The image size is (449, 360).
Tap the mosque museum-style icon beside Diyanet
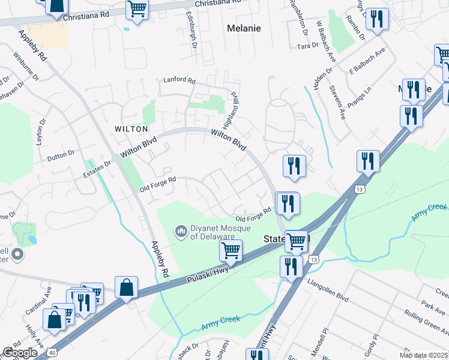pyautogui.click(x=181, y=230)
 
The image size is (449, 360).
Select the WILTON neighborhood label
pyautogui.click(x=131, y=129)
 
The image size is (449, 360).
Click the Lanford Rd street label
pyautogui.click(x=180, y=80)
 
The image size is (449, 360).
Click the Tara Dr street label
pyautogui.click(x=307, y=46)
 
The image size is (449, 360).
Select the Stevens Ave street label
pyautogui.click(x=339, y=102)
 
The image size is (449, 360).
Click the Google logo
pyautogui.click(x=20, y=353)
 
